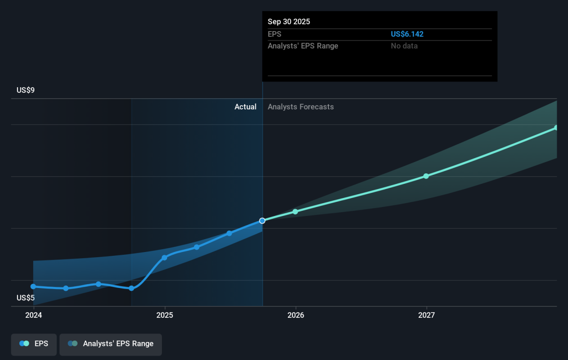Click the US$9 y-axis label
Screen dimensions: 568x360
click(26, 90)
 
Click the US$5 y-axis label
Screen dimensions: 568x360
click(26, 297)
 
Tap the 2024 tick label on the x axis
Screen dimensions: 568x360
click(34, 315)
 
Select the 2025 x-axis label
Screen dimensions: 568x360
click(165, 315)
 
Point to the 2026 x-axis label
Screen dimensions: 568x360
click(296, 315)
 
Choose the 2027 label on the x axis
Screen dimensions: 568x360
click(426, 315)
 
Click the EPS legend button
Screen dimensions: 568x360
click(34, 344)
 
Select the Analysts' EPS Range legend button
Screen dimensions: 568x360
click(111, 344)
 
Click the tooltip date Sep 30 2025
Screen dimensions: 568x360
click(289, 22)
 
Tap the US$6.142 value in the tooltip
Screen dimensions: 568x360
click(407, 34)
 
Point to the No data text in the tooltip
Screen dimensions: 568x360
click(404, 46)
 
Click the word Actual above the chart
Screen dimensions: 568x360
click(245, 107)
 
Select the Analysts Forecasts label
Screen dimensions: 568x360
click(301, 107)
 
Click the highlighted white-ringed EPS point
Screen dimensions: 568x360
click(262, 221)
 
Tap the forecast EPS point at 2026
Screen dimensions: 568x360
click(295, 212)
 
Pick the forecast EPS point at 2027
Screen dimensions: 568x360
click(426, 176)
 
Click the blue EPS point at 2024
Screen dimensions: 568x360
click(33, 287)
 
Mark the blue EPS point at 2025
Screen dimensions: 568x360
click(164, 258)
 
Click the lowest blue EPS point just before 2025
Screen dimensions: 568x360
click(132, 288)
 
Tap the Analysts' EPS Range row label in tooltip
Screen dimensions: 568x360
click(303, 46)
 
